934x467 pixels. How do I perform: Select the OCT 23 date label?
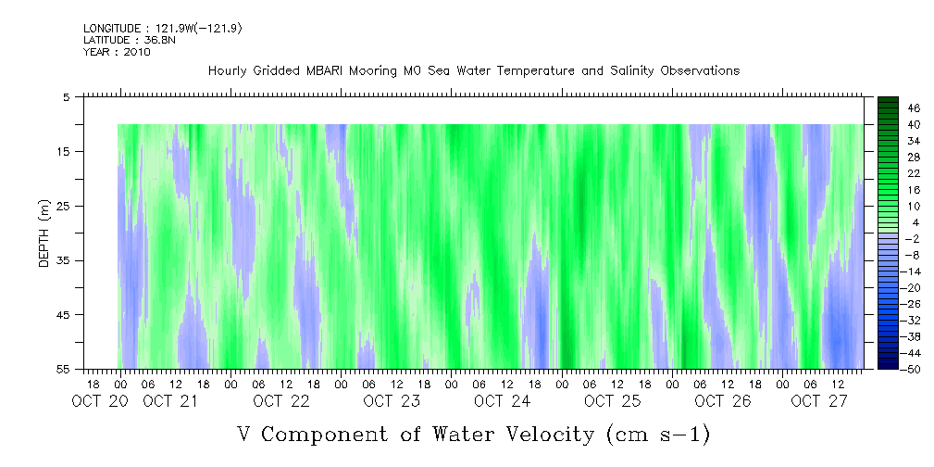(x=392, y=401)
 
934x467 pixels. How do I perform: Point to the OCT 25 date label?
(x=612, y=401)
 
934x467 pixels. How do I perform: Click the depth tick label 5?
(x=67, y=96)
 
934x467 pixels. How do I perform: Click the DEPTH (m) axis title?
(x=44, y=233)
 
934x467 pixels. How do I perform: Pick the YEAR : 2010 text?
(x=117, y=52)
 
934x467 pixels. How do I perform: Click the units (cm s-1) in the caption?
(x=656, y=433)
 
